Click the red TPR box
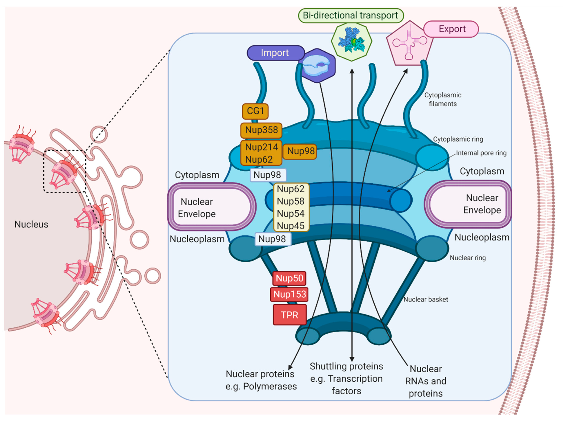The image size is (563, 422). tap(289, 315)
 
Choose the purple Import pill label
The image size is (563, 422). tap(275, 53)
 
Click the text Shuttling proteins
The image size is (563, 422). tap(346, 366)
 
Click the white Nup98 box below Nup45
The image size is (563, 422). tap(272, 239)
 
